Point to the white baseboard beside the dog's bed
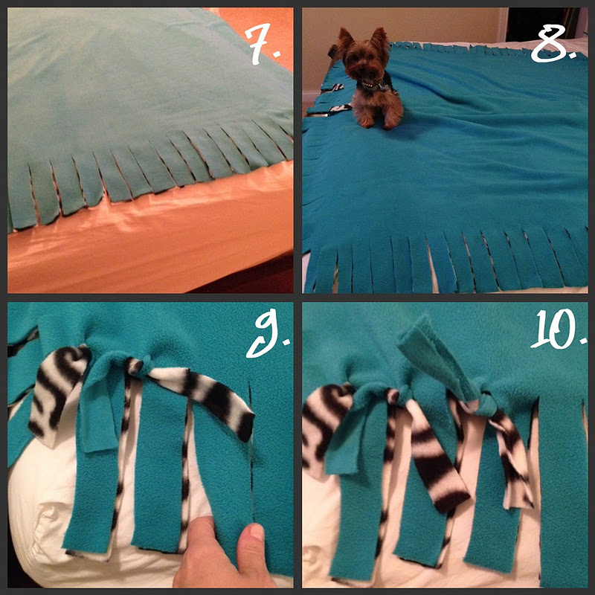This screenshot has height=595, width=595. point(311,97)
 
